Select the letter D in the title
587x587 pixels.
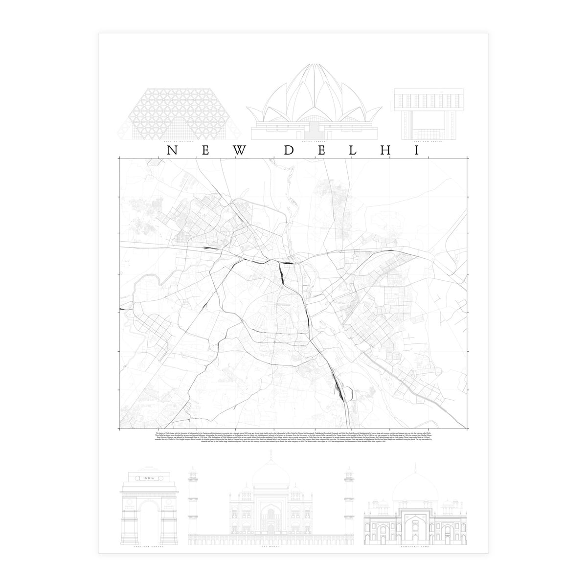coord(289,151)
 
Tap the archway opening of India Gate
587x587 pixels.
coord(147,519)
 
